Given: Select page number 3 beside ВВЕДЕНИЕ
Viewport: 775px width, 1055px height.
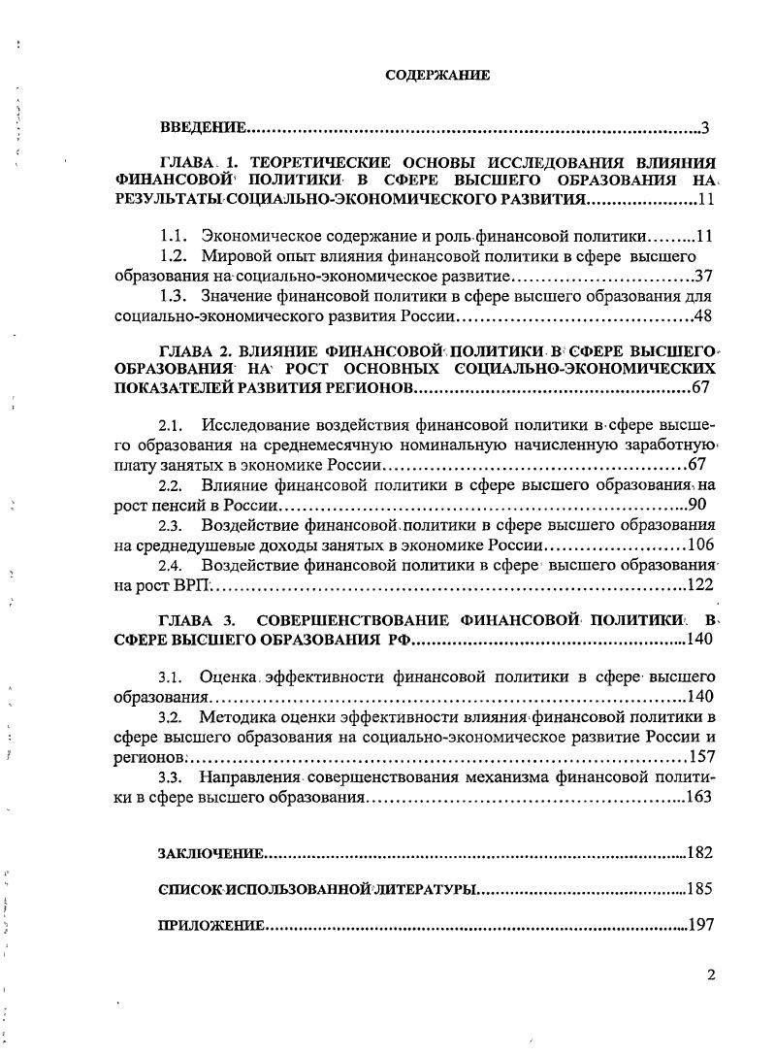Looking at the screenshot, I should click(707, 128).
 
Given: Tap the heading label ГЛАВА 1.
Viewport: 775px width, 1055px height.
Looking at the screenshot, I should click(195, 162).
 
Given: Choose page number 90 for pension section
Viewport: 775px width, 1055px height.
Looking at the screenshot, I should click(701, 505).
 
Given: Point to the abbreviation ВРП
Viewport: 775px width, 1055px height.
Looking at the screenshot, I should click(193, 585).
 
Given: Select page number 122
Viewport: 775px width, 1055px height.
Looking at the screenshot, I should click(699, 585).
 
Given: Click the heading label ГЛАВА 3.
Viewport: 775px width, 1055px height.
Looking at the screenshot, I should click(196, 619).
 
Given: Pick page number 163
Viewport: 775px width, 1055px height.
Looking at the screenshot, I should click(698, 797).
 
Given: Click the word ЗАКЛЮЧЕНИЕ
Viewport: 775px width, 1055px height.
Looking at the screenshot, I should click(210, 853).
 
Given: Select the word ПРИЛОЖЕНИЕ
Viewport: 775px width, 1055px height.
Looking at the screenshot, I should click(210, 926).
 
